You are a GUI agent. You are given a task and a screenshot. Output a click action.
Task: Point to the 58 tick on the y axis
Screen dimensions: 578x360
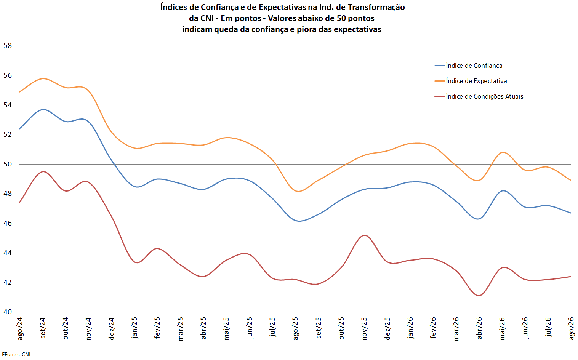pyautogui.click(x=8, y=46)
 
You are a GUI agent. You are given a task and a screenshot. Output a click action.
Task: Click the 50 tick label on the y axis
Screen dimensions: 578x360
pyautogui.click(x=8, y=164)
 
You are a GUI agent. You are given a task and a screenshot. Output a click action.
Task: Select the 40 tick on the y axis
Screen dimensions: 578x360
pyautogui.click(x=8, y=312)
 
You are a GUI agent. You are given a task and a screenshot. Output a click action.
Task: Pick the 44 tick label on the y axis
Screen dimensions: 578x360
pyautogui.click(x=8, y=253)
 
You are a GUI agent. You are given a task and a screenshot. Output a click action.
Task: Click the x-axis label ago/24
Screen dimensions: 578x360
pyautogui.click(x=20, y=329)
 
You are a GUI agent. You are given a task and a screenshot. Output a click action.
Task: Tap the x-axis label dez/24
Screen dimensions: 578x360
pyautogui.click(x=111, y=329)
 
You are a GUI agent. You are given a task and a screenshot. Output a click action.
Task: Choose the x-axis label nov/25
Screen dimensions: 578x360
pyautogui.click(x=364, y=329)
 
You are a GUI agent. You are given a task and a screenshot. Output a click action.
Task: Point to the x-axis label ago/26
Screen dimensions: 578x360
pyautogui.click(x=571, y=329)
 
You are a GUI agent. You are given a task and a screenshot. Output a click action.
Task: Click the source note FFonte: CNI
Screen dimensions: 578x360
pyautogui.click(x=16, y=354)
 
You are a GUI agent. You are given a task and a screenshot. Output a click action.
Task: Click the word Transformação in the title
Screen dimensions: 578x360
pyautogui.click(x=376, y=7)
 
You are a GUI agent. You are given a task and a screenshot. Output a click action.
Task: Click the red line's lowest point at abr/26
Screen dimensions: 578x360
pyautogui.click(x=479, y=296)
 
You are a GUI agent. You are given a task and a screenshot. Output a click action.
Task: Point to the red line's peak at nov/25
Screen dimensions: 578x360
pyautogui.click(x=364, y=235)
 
